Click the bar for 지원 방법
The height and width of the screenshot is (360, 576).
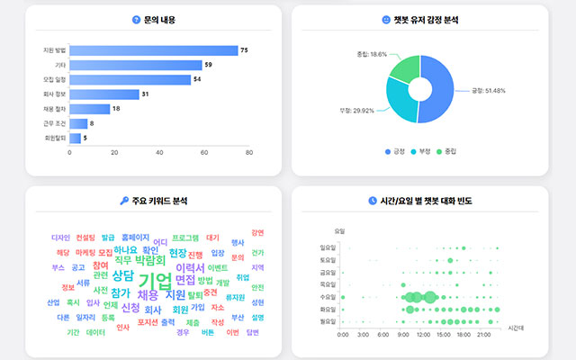tap(153, 50)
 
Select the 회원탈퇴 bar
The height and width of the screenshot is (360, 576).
tap(75, 138)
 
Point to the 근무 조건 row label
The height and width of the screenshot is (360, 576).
tap(55, 123)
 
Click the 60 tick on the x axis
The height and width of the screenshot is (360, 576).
tap(204, 153)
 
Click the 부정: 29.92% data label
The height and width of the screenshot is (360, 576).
tap(358, 110)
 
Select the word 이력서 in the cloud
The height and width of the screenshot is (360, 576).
tap(190, 267)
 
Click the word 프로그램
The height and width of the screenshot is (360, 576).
tap(185, 238)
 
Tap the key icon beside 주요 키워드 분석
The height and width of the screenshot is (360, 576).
tap(123, 200)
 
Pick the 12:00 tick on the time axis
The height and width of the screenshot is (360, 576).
tap(424, 334)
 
